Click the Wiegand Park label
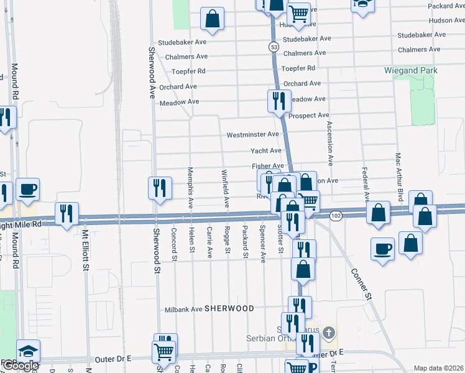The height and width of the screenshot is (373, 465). coord(411,71)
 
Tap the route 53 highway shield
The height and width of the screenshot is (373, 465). coord(274,47)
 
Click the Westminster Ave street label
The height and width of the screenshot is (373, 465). coord(253,134)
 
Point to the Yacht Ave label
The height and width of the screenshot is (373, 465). coord(266,150)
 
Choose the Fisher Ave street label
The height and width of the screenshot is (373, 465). coord(267,166)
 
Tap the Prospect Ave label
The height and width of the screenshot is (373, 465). coord(309,116)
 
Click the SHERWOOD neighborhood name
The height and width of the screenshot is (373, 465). coord(229,308)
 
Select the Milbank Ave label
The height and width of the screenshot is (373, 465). coord(184,309)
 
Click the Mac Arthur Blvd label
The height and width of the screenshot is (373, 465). coord(400,173)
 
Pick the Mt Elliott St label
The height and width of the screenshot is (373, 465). coord(86,252)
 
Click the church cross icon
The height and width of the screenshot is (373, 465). coord(329,333)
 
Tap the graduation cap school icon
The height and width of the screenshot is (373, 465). coord(28,350)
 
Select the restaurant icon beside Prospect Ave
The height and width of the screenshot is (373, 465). coord(278,99)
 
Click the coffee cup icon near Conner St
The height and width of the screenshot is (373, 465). coord(383,249)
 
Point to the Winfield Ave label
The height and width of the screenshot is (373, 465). coord(226,188)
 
